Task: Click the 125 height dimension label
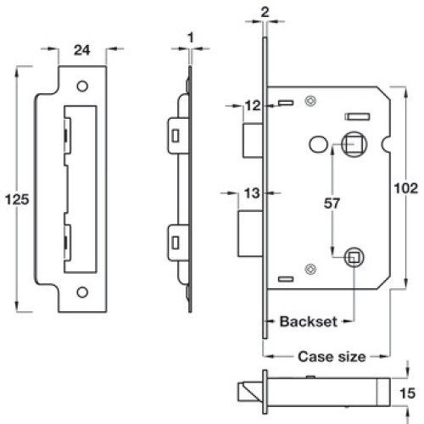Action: click(17, 199)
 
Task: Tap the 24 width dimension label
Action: click(82, 50)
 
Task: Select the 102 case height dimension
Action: click(406, 188)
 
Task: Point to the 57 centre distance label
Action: click(332, 204)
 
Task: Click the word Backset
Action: click(309, 321)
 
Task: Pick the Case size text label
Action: click(332, 356)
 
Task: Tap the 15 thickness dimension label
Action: click(407, 393)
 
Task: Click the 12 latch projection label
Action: click(253, 106)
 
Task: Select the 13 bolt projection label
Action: click(252, 193)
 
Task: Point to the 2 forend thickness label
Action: click(265, 13)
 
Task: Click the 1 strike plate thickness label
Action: click(191, 37)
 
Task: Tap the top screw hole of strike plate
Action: click(82, 86)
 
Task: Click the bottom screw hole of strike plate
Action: click(82, 293)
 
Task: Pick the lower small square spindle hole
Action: click(354, 258)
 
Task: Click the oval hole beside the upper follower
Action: click(318, 145)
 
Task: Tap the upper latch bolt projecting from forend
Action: click(253, 141)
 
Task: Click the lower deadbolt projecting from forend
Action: click(251, 234)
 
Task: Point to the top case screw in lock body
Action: click(310, 101)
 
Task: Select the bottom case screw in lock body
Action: click(310, 269)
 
